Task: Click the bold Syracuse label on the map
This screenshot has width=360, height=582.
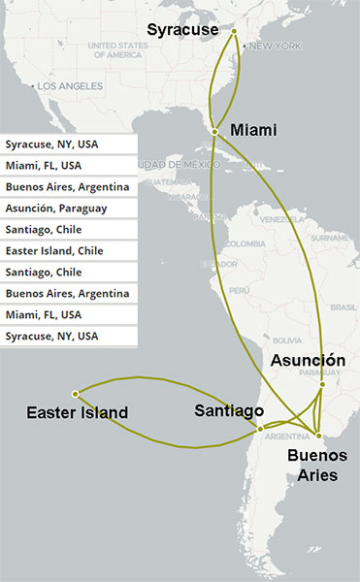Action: tap(182, 31)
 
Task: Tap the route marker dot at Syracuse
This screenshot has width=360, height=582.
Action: tap(234, 31)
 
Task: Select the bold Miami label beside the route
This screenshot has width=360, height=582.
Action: tap(254, 130)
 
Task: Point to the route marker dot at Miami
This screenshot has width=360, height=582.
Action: tap(214, 130)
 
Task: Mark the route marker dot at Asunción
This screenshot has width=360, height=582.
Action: tap(321, 384)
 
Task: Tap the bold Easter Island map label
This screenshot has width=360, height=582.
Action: tap(78, 413)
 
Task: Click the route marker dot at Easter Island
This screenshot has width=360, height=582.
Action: tap(76, 392)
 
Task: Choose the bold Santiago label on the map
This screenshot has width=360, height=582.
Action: tap(229, 410)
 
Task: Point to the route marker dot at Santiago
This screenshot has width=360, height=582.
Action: tap(260, 428)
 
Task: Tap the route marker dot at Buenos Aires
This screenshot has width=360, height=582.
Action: tap(318, 432)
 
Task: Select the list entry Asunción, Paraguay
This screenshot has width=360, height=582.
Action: tap(56, 209)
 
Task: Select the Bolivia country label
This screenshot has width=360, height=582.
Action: tap(287, 340)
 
